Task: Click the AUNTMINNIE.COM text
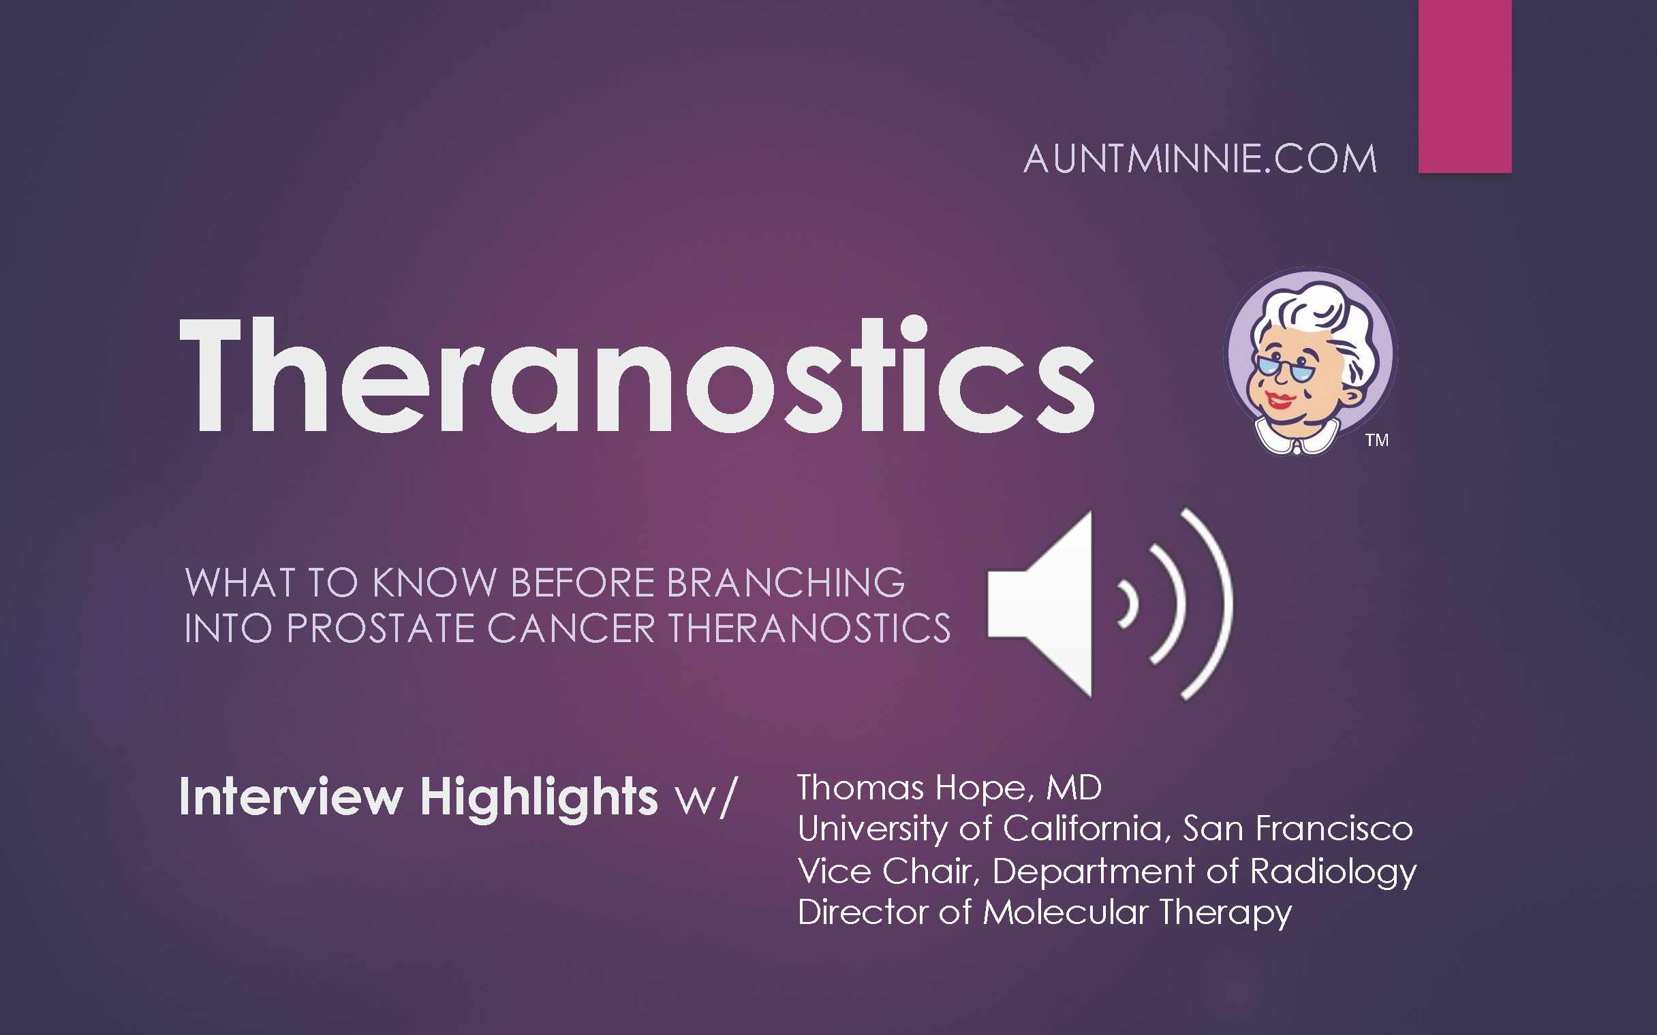coord(1200,159)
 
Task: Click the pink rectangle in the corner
coord(1465,86)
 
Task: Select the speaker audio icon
coord(1109,604)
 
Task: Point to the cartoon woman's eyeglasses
coord(1282,368)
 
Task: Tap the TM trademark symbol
coord(1377,440)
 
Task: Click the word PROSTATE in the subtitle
coord(380,628)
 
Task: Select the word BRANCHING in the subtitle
coord(786,584)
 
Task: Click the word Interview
coord(291,797)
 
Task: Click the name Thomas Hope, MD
coord(949,787)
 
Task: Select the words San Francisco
coord(1297,829)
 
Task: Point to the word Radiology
coord(1333,872)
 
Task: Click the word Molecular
coord(1065,912)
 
